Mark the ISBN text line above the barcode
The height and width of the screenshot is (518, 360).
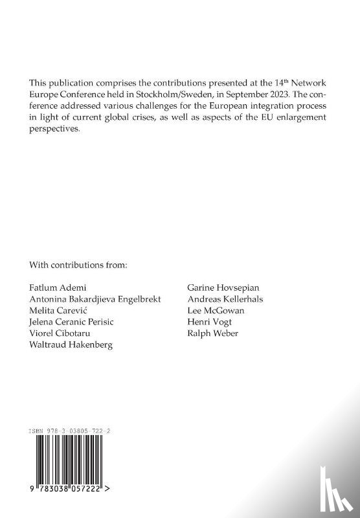point(74,429)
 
